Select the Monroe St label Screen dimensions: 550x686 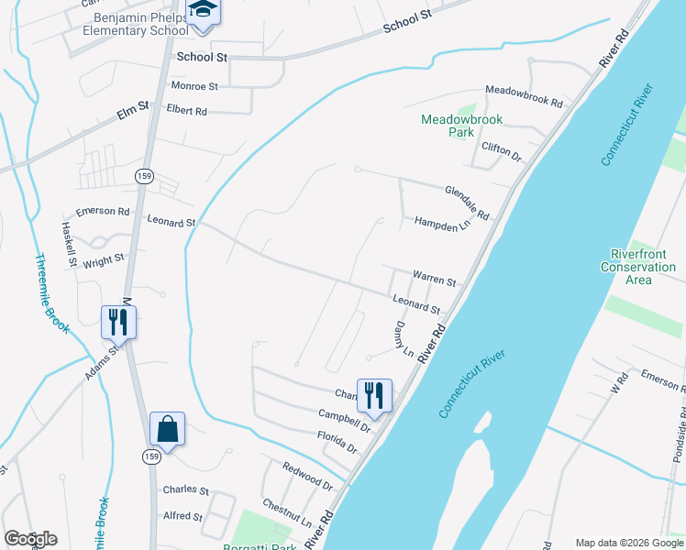(194, 86)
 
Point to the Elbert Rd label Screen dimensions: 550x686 (187, 111)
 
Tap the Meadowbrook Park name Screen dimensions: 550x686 (448, 126)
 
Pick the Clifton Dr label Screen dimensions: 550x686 (501, 152)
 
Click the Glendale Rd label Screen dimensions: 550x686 (467, 203)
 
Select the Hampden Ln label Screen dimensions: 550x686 (442, 223)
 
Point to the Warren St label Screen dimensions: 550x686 (434, 278)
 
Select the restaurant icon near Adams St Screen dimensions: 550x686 (118, 321)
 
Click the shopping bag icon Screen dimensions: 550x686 (167, 428)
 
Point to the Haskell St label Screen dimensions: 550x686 (69, 244)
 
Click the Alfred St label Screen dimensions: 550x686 (183, 516)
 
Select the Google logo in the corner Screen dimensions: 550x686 (30, 539)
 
